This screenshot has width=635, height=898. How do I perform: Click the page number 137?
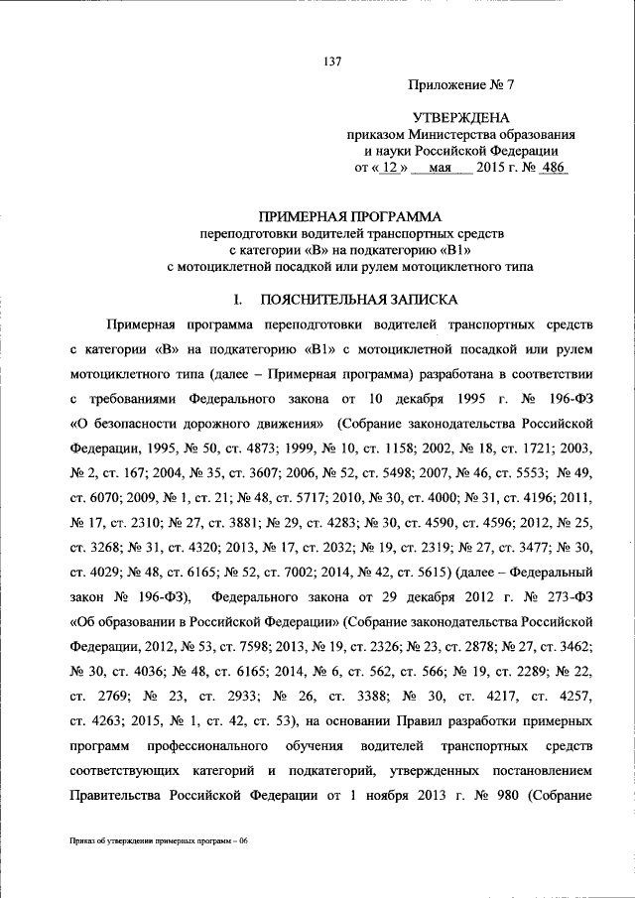[332, 62]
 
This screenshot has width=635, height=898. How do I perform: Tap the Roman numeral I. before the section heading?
[237, 298]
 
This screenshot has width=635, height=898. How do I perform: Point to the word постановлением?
[543, 770]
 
